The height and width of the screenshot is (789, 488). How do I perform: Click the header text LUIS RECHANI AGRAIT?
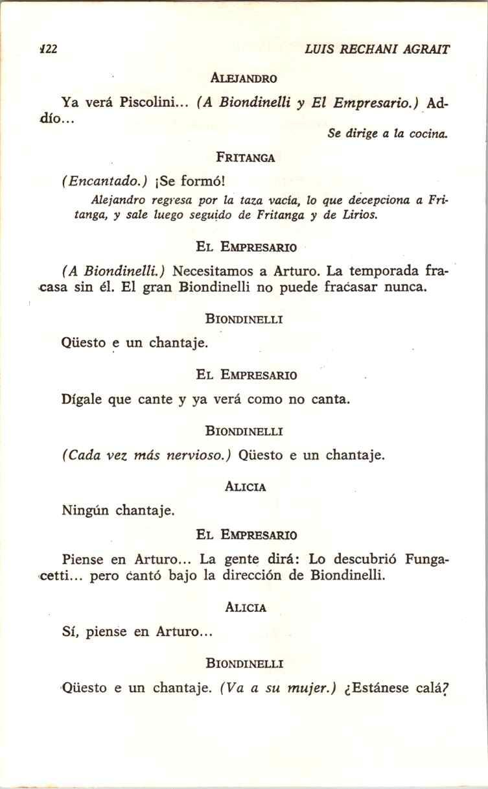click(377, 49)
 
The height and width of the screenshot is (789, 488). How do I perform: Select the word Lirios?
click(359, 215)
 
